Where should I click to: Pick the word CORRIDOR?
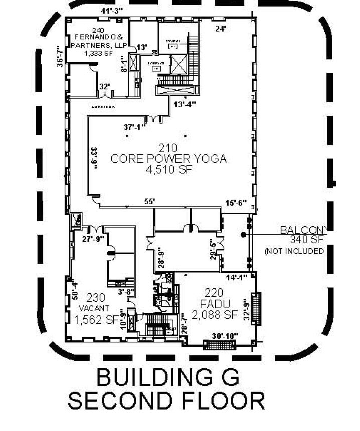pos(103,107)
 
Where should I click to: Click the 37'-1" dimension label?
pos(135,127)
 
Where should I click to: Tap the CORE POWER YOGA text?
pos(168,159)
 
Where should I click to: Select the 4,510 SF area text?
pos(168,170)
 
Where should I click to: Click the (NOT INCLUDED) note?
pos(294,251)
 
